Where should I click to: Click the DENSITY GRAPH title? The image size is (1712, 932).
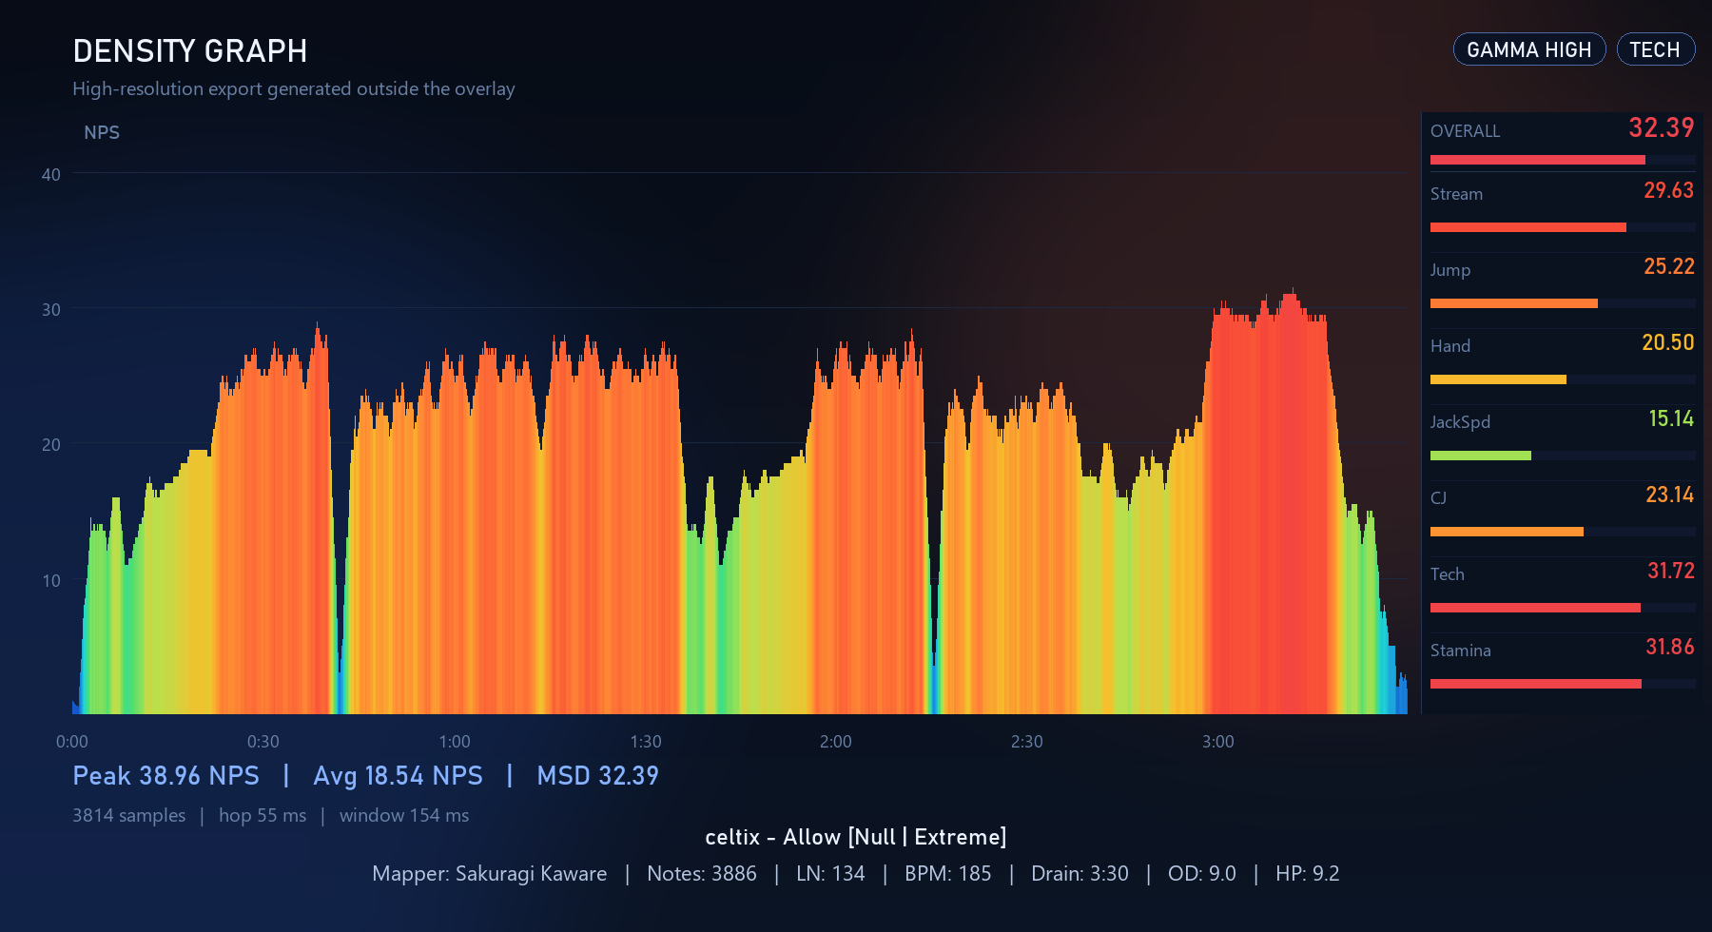point(190,51)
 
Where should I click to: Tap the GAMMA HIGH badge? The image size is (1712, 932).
point(1528,49)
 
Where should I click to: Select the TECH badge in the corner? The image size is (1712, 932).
point(1655,49)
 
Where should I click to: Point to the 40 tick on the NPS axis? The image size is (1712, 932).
point(51,175)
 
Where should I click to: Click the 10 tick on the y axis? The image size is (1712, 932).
point(51,581)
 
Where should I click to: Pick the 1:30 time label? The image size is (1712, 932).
point(646,742)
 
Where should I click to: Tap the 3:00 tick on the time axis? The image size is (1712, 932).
point(1218,742)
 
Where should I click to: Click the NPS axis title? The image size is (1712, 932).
point(102,133)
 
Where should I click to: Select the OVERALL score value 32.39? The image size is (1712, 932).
point(1661,127)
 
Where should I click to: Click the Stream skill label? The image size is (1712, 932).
point(1456,194)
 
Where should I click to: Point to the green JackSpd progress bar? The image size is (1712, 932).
point(1481,456)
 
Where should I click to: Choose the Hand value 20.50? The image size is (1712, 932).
point(1667,342)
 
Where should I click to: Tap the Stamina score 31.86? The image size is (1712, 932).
point(1669,647)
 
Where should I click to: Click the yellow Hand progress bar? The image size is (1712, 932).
point(1498,379)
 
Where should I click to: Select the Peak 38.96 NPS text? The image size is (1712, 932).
point(166,776)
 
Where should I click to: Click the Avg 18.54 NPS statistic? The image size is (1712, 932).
point(399,776)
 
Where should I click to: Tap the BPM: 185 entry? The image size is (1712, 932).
point(947,873)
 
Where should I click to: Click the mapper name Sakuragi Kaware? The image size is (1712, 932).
point(531,873)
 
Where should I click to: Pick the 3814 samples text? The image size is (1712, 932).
point(129,816)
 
